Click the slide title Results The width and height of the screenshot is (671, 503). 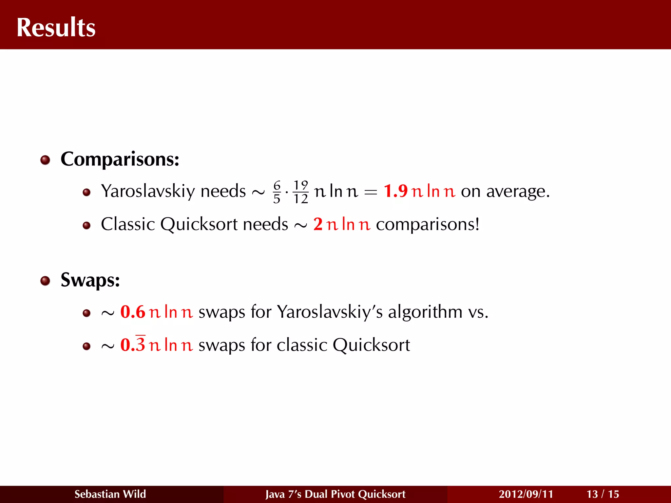point(56,28)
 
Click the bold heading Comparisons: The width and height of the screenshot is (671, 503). point(120,159)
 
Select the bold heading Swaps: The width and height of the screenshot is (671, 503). point(90,280)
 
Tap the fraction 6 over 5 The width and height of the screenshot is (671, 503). point(277,192)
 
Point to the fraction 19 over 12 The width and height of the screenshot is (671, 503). point(301,192)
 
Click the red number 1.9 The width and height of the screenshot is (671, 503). point(395,191)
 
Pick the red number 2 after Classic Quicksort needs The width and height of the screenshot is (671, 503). point(318,224)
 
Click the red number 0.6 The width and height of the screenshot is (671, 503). point(133,312)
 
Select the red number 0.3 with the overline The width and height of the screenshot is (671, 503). point(133,345)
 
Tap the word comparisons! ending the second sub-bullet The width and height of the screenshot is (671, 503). point(428,225)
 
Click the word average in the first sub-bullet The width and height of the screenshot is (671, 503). point(516,192)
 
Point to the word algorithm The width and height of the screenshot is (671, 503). point(425,312)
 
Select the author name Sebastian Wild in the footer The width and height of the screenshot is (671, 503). point(110,494)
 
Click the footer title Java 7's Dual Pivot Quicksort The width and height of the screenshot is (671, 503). point(335,494)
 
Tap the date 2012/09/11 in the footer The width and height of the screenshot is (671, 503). point(526,494)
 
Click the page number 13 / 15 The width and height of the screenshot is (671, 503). point(603,494)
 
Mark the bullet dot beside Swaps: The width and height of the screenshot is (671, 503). point(45,281)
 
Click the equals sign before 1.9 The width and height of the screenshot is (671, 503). point(371,192)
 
